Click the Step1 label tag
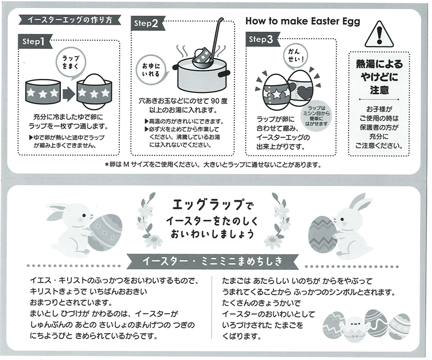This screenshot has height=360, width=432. [35, 42]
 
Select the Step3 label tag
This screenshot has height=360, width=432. [262, 39]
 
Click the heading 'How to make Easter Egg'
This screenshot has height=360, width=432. [303, 21]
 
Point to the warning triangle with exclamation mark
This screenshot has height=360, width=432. [379, 34]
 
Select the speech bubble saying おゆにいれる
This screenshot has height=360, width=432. [151, 70]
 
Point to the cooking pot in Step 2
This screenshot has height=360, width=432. [201, 76]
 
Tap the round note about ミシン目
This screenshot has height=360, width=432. [316, 116]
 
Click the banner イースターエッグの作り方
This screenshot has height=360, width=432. [70, 20]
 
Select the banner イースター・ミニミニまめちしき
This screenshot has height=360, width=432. [213, 261]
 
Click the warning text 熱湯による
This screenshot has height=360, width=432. [379, 64]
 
